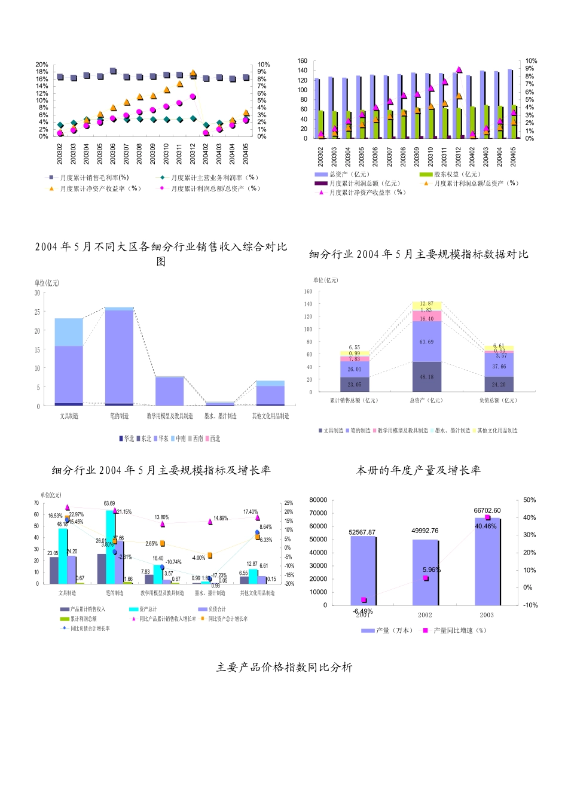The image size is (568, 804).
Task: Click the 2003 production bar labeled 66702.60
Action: (487, 562)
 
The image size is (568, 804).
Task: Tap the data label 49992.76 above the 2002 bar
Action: (425, 531)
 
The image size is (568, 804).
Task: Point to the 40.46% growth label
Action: (485, 526)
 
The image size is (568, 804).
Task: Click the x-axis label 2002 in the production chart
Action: (425, 615)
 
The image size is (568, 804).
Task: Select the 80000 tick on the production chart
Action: (318, 500)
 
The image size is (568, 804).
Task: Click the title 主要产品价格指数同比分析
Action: (284, 667)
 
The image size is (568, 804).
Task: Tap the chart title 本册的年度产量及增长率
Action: (419, 470)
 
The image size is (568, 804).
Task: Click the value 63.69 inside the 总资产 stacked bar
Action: (426, 342)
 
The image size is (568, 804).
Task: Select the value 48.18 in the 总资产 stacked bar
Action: (426, 377)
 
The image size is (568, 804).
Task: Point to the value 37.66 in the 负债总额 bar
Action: (499, 367)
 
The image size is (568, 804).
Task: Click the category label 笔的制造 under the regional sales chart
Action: (119, 416)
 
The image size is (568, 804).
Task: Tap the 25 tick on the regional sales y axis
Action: (37, 312)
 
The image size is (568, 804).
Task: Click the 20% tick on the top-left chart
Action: (42, 65)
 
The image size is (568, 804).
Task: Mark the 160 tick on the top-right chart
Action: (302, 61)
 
